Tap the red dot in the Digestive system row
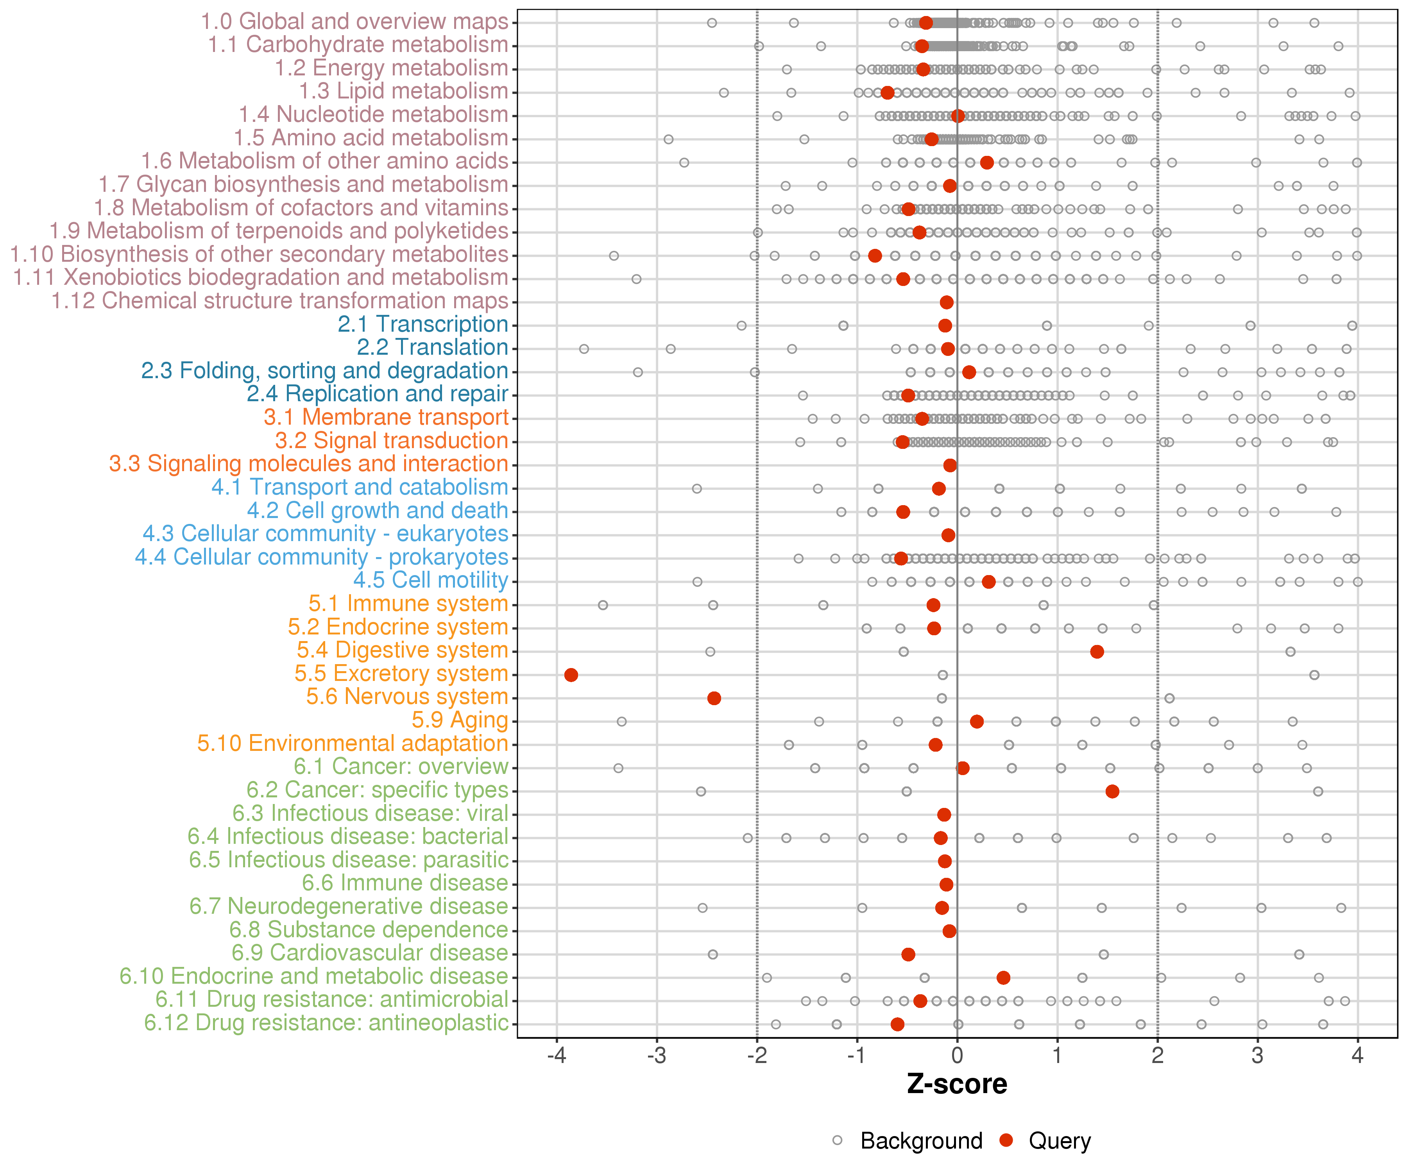coord(1097,652)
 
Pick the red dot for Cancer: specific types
coord(1112,791)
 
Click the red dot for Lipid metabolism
coord(888,93)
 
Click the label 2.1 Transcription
coord(423,324)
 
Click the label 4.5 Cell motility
coord(431,580)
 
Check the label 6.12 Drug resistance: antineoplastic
coord(326,1023)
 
